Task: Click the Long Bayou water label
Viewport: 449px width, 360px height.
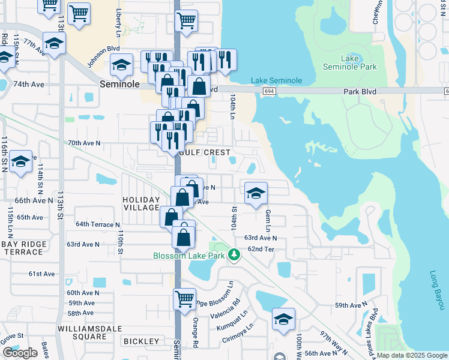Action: click(x=436, y=291)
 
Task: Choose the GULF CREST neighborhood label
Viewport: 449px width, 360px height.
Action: click(x=205, y=152)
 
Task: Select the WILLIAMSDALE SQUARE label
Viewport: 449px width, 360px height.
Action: click(x=89, y=333)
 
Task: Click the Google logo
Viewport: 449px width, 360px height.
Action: click(x=20, y=353)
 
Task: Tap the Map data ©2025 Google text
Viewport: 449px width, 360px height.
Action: click(x=411, y=355)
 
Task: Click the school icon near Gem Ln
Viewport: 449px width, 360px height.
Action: click(x=255, y=193)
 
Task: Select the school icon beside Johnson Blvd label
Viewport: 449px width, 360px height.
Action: click(x=122, y=65)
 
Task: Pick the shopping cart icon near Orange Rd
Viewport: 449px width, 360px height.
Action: click(x=185, y=298)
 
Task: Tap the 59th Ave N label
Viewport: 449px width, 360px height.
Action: click(x=351, y=305)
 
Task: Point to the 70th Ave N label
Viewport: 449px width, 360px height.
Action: click(x=84, y=143)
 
